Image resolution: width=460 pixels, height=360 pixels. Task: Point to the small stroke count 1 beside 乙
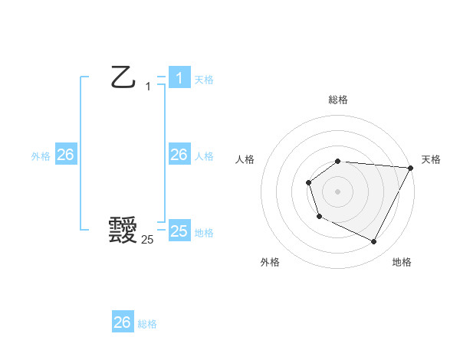click(148, 87)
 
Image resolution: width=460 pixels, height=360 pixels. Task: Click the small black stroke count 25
click(147, 240)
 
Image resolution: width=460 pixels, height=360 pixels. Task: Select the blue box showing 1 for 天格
click(179, 78)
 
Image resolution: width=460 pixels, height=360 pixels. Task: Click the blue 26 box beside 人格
click(179, 155)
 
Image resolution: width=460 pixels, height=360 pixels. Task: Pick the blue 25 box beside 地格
click(179, 231)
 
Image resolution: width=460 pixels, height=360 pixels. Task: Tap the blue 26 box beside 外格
click(65, 155)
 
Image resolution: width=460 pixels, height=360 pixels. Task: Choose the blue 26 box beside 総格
click(122, 322)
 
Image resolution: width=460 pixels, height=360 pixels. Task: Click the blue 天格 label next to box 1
click(204, 80)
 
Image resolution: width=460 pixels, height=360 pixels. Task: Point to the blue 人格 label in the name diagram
click(204, 156)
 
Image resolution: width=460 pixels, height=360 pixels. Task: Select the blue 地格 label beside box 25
click(204, 233)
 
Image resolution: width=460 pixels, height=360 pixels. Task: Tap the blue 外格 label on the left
click(41, 156)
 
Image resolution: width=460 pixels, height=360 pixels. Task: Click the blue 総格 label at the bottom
click(147, 324)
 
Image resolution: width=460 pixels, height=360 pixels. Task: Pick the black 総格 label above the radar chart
click(338, 100)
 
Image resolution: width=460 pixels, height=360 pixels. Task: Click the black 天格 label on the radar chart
click(432, 159)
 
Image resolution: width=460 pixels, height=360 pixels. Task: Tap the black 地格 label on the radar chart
click(402, 262)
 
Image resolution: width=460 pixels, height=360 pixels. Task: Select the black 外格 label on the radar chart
click(270, 262)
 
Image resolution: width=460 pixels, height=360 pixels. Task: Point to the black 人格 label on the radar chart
click(245, 159)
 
